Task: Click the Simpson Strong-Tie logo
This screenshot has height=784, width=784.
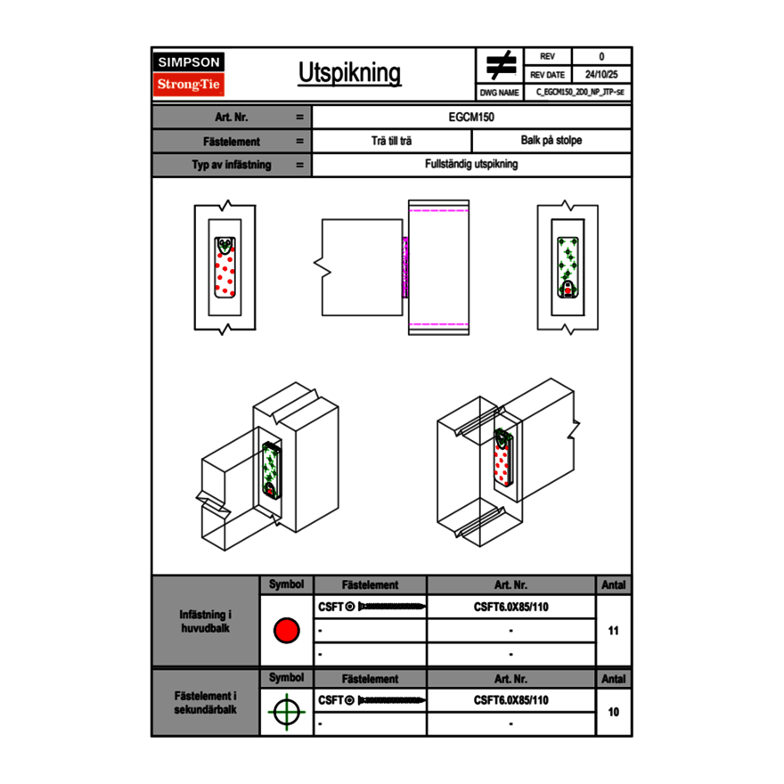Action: [190, 74]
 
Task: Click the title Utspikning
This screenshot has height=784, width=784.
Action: [349, 73]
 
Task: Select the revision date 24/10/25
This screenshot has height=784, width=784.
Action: [601, 75]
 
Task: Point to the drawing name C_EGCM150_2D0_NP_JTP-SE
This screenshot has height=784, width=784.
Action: [579, 92]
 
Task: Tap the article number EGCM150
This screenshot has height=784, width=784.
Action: [471, 117]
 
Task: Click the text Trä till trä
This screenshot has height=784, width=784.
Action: [391, 141]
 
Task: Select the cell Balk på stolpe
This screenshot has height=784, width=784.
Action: [551, 141]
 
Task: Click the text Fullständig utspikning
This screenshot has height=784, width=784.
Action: [471, 165]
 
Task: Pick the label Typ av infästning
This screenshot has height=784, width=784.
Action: [232, 165]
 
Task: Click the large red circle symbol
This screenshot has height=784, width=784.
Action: [286, 631]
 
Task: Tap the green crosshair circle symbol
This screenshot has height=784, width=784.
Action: [286, 712]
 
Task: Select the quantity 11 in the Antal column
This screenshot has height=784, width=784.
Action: [613, 631]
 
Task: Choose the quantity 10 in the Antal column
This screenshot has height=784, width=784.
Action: [613, 712]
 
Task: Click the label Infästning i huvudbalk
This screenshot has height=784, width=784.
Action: [206, 622]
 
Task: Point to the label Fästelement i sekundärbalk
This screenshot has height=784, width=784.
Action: [206, 703]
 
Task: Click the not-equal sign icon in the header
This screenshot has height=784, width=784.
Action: [501, 66]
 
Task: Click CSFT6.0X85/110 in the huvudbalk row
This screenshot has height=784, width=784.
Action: [510, 607]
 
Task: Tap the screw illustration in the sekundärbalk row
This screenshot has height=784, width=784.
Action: [389, 700]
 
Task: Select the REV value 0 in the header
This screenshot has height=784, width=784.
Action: [601, 56]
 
